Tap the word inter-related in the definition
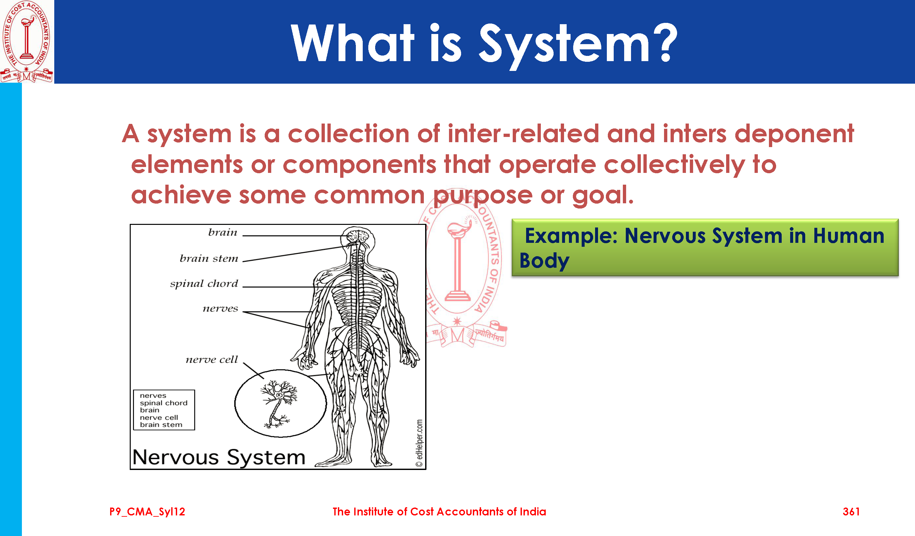click(523, 134)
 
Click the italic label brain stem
click(209, 259)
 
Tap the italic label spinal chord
click(204, 284)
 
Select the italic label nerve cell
click(212, 360)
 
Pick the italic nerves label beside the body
click(220, 309)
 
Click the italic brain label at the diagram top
click(223, 232)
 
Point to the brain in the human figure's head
click(358, 236)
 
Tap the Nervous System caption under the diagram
click(219, 457)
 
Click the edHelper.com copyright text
click(419, 443)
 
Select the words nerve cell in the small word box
click(159, 418)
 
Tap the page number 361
click(851, 512)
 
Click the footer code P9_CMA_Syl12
click(147, 512)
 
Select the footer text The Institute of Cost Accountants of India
click(439, 512)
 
